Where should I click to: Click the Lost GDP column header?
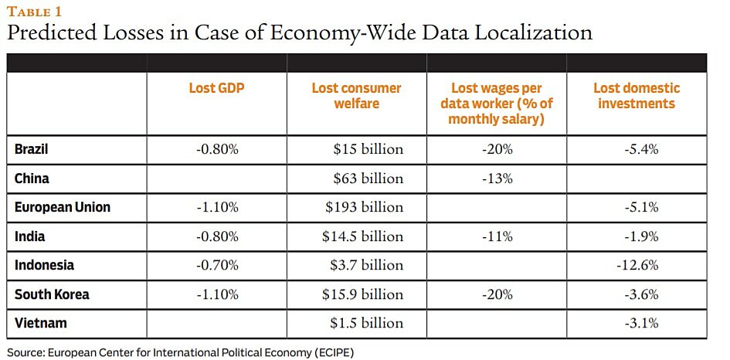[x=216, y=88]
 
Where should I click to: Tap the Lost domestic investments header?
[x=637, y=96]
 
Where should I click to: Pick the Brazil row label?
[x=32, y=149]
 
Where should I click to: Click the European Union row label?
[x=63, y=207]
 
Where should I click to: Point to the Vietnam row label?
[x=41, y=323]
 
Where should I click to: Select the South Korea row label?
[x=52, y=294]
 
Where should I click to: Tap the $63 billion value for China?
[x=368, y=178]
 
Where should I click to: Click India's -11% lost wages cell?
[x=497, y=236]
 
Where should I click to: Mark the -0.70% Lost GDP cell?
[x=216, y=265]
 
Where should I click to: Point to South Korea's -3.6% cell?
[x=640, y=294]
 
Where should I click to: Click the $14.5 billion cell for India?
[x=363, y=236]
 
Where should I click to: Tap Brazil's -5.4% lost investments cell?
[x=640, y=149]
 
